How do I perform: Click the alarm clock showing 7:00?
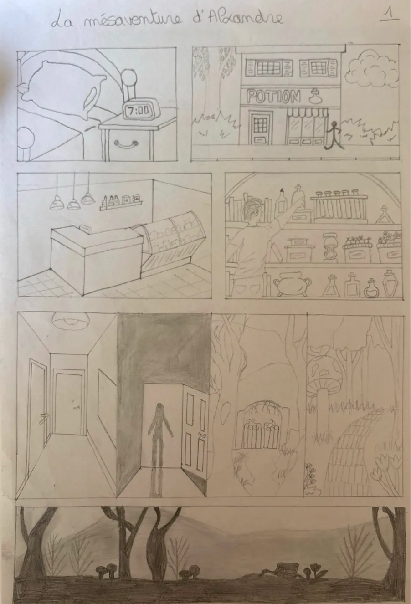[x=138, y=110]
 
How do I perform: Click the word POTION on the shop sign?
[x=273, y=97]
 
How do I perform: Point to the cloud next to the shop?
[x=370, y=71]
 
